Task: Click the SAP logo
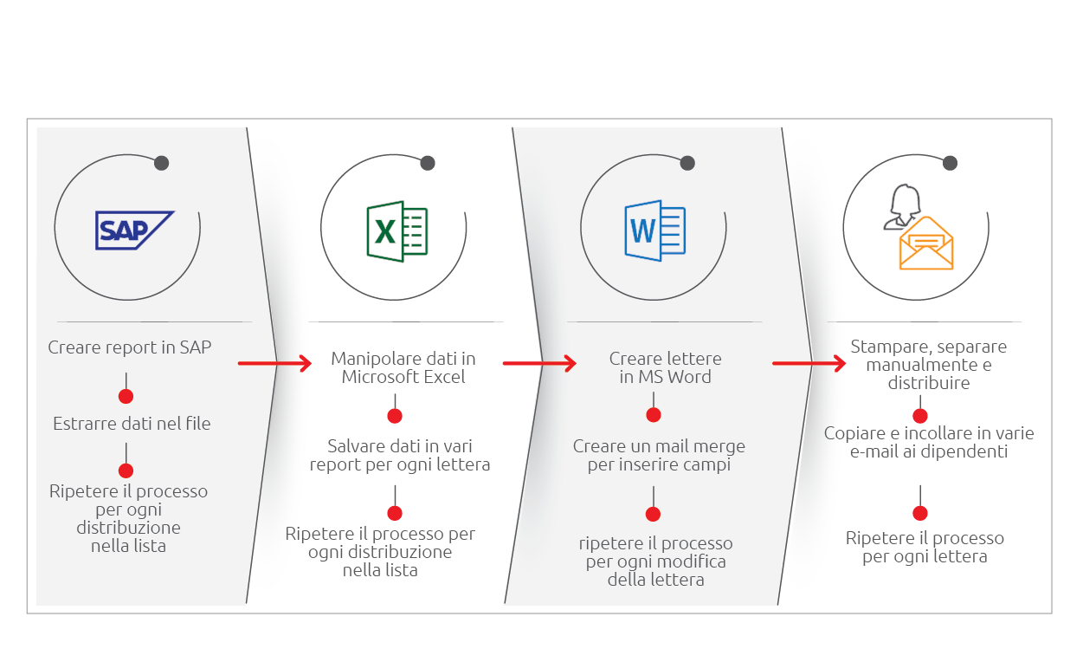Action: click(134, 230)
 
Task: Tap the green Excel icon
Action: click(397, 231)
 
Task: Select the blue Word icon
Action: click(655, 230)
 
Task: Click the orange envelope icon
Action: click(925, 243)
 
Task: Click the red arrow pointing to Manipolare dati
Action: click(274, 363)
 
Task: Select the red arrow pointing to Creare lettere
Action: click(539, 363)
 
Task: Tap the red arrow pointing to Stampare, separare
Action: click(809, 363)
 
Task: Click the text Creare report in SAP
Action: click(130, 347)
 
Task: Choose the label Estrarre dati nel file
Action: click(132, 424)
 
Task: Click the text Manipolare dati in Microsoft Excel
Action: click(403, 367)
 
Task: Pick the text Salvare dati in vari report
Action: click(400, 455)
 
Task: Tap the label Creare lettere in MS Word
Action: click(665, 367)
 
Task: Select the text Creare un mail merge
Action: click(659, 446)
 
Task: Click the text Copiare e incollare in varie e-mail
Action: click(929, 443)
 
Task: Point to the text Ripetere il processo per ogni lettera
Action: click(925, 547)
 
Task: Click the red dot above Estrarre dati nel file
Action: click(126, 396)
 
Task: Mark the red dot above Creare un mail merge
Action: click(654, 415)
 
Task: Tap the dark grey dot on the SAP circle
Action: click(162, 163)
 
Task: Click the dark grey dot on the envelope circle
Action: click(950, 163)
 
